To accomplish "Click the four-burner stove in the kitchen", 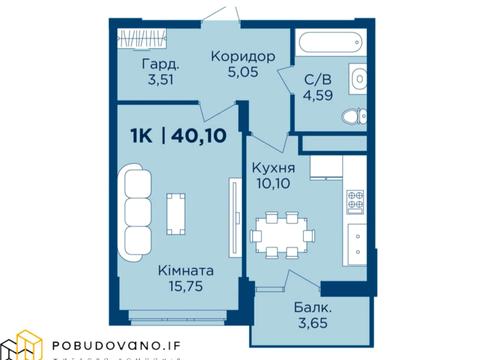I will coord(353,201).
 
